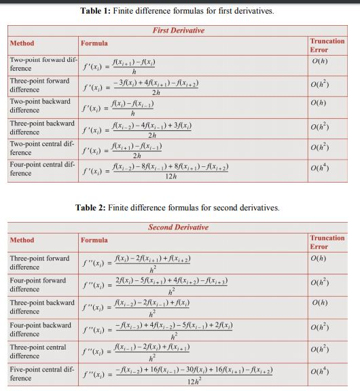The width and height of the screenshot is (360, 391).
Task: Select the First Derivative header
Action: pos(179,31)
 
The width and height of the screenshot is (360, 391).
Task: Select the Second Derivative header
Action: pos(179,227)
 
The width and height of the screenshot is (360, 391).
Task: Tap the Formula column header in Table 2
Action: pos(94,240)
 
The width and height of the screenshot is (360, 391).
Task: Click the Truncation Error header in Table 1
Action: pos(327,45)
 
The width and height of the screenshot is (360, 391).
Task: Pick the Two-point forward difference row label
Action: pos(39,64)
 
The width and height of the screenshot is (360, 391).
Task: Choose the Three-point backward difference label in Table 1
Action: pos(41,128)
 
